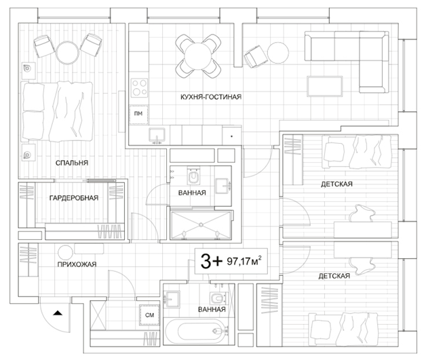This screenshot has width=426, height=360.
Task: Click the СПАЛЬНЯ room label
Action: pos(72,163)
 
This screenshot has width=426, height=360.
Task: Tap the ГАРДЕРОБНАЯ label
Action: pos(74,198)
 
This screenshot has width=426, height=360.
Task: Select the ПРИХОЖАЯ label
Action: pos(77,264)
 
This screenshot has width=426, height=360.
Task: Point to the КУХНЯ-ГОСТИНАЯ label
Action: pos(211,97)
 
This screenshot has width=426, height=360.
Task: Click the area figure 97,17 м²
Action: pos(244,261)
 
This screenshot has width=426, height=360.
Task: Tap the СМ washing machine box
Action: pos(149,315)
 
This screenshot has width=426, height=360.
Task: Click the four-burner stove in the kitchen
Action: pos(139,88)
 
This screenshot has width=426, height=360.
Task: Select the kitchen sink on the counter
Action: pos(157,135)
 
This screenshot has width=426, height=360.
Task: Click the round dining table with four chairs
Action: pos(198,56)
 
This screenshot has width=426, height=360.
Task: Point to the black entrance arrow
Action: pos(58,313)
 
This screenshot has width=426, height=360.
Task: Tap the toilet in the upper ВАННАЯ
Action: pos(193,176)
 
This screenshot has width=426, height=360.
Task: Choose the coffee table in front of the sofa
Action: pos(325,86)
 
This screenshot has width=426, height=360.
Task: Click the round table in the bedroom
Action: pos(68,53)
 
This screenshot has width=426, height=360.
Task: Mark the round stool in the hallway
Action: pos(65,252)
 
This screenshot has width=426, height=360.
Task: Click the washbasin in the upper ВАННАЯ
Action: pos(222,186)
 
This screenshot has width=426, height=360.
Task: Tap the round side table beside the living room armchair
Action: pos(278,53)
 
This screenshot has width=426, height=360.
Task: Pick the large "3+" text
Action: pos(212,261)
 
